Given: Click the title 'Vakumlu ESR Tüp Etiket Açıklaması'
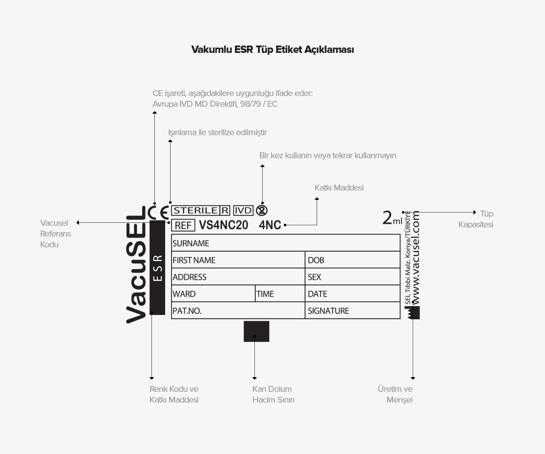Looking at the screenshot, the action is (x=272, y=49).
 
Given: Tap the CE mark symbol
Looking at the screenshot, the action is (x=158, y=212).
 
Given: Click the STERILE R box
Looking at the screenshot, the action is (x=200, y=211).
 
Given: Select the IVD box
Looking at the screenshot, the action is (x=243, y=211).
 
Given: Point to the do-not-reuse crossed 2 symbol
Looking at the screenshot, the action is (x=262, y=211).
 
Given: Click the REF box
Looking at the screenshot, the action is (x=183, y=225).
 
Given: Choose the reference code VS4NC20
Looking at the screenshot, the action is (x=223, y=225).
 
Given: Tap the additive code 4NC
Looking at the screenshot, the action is (x=270, y=225).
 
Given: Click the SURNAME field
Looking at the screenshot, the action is (x=286, y=243).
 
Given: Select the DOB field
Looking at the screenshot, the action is (x=352, y=260).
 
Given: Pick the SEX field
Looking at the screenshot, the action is (x=352, y=277).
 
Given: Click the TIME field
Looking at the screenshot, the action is (x=280, y=294).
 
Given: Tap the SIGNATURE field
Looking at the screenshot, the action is (x=352, y=311).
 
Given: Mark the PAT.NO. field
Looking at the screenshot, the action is (x=238, y=311).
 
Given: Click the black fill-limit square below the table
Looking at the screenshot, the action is (x=256, y=332).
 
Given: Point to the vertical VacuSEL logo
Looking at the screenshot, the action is (x=136, y=264).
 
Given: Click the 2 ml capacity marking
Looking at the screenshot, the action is (x=392, y=218).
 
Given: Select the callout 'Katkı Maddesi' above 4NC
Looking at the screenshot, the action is (x=339, y=188).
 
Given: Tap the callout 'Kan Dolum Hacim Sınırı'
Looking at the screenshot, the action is (x=273, y=394).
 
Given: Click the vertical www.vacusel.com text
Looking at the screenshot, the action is (x=415, y=258).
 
